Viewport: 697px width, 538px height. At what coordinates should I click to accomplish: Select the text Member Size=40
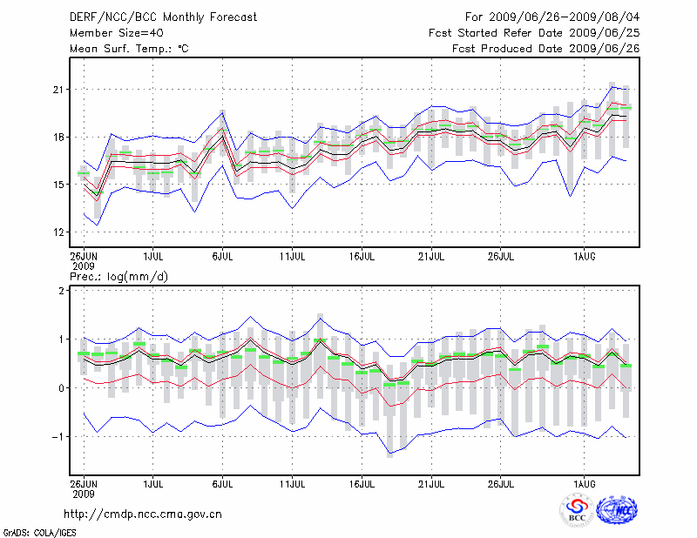113,32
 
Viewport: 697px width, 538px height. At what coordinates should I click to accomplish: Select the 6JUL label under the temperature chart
223,257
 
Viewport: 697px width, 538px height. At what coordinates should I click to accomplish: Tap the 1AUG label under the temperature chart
585,257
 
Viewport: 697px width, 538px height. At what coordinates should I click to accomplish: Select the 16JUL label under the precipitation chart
362,481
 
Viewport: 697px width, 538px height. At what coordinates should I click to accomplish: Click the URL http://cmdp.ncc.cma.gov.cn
143,514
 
